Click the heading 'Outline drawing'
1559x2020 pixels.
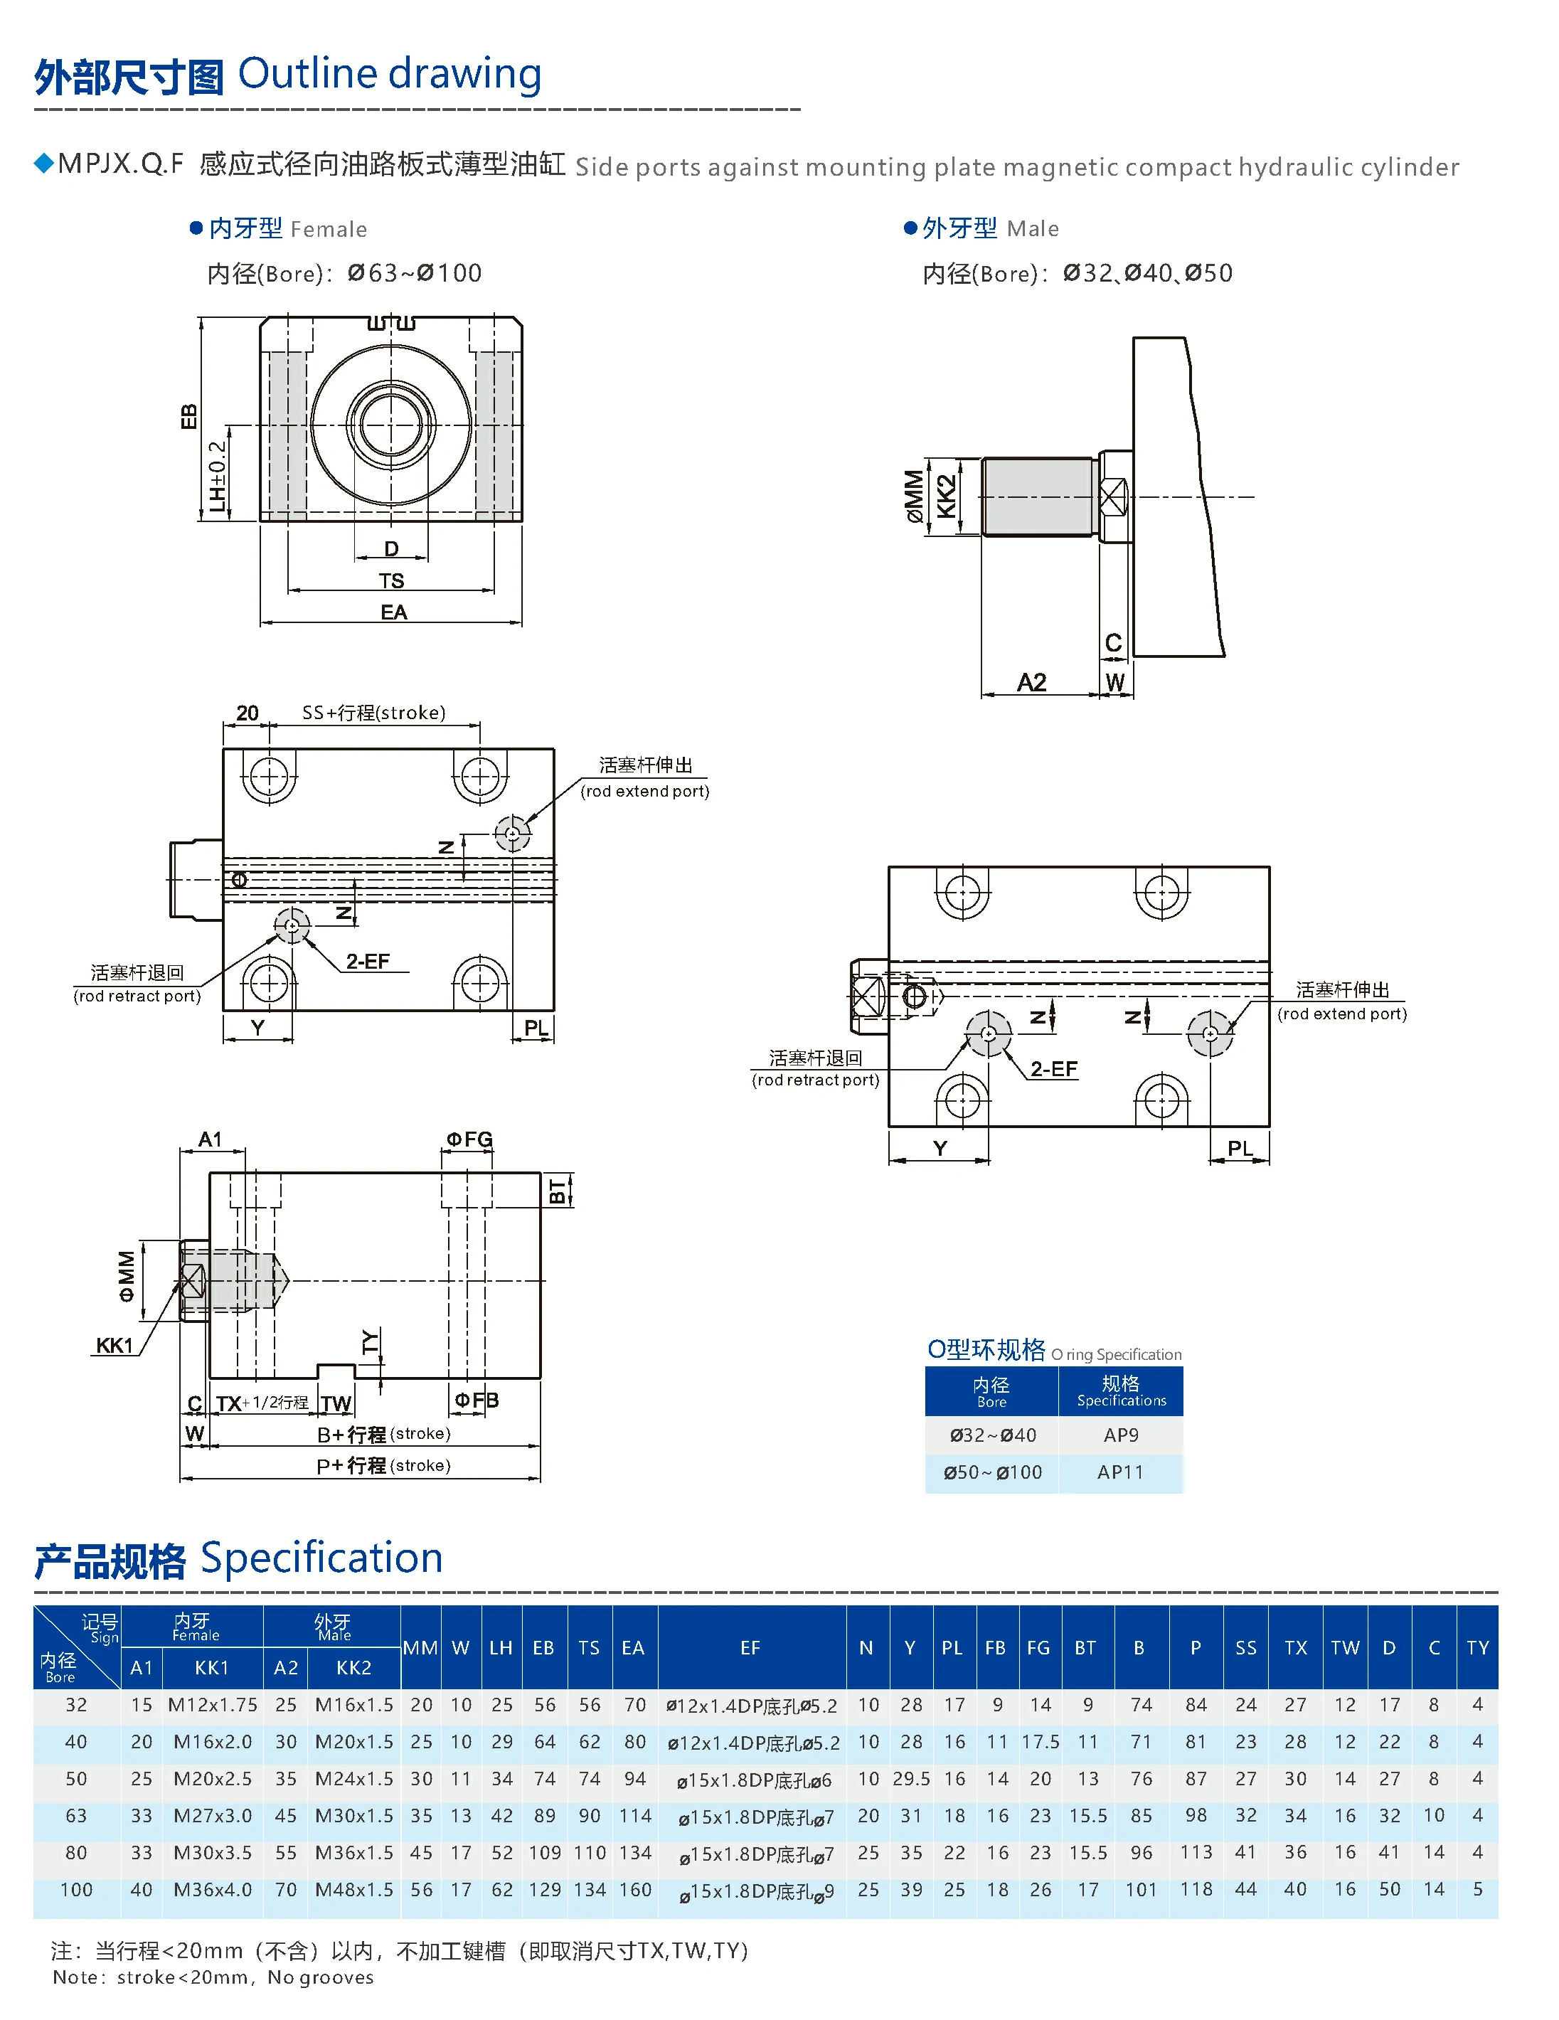(x=389, y=74)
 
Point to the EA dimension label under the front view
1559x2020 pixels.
(x=393, y=612)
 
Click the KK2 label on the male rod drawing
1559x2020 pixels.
(x=946, y=496)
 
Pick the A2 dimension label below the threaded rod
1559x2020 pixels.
(x=1031, y=683)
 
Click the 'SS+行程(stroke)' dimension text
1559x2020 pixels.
(x=373, y=712)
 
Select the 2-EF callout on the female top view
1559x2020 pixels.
(x=368, y=962)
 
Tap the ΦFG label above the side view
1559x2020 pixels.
(x=469, y=1139)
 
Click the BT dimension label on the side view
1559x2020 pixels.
(x=558, y=1191)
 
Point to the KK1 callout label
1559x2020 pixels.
(x=115, y=1346)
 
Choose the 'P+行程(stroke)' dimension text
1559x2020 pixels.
(x=383, y=1466)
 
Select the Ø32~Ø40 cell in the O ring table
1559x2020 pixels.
(x=992, y=1435)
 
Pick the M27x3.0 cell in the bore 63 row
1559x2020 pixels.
(x=212, y=1816)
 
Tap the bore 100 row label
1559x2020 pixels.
(x=76, y=1890)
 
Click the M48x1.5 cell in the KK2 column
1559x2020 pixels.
(x=353, y=1890)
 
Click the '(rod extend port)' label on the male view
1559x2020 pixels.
(x=1341, y=1014)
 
